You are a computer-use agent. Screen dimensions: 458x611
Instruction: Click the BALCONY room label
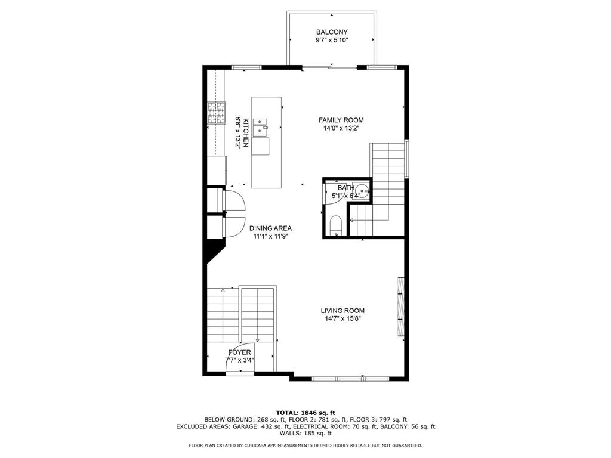coord(332,32)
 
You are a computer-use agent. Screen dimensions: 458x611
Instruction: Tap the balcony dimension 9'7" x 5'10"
coord(332,41)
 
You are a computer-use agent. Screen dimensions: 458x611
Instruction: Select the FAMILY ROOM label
coord(341,120)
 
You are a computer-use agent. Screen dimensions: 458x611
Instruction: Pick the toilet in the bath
coord(336,225)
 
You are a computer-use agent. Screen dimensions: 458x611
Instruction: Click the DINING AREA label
coord(270,228)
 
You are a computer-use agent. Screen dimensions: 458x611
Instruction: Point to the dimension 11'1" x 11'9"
coord(270,236)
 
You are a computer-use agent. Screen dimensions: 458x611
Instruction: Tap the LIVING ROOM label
coord(342,310)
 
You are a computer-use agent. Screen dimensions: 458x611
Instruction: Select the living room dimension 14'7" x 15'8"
coord(342,318)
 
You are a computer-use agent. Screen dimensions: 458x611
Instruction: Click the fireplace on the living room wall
coord(401,307)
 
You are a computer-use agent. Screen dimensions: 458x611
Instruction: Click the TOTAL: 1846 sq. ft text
coord(305,413)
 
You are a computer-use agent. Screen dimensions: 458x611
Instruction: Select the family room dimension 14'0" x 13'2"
coord(341,128)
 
